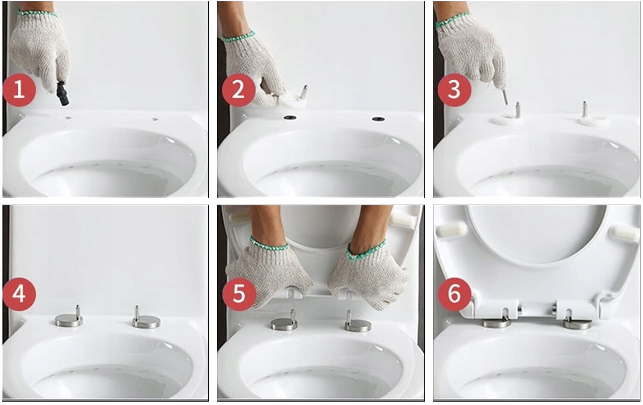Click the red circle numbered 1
point(19,90)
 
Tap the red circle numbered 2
point(238,90)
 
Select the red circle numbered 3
point(454,90)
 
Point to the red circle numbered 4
point(19,295)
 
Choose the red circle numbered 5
point(238,295)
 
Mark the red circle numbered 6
point(454,295)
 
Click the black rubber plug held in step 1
point(63,94)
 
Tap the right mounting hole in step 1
point(155,119)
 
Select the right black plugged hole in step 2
point(378,119)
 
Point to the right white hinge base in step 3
point(593,121)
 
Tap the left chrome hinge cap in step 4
point(69,319)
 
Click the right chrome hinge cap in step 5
point(358,326)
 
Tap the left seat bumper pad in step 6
point(451,230)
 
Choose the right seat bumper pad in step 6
point(624,233)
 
